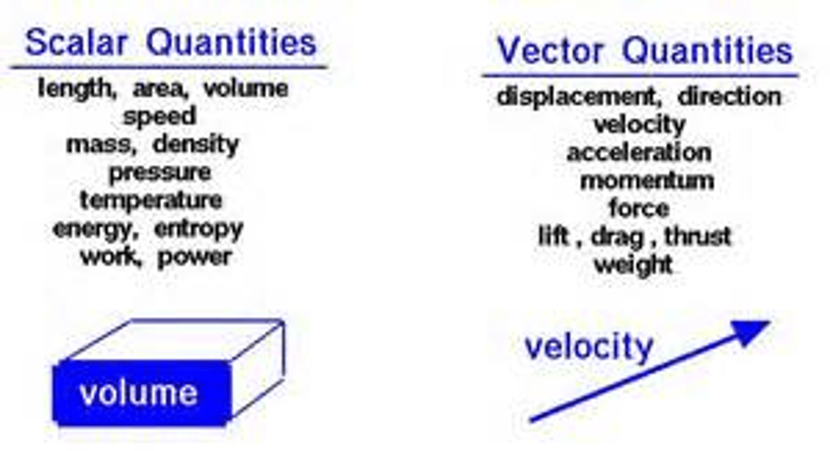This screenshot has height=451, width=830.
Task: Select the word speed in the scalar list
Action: point(160,117)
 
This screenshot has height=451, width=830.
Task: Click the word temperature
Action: point(151,201)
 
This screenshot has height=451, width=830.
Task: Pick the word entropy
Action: point(199,230)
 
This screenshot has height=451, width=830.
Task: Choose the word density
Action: point(195,145)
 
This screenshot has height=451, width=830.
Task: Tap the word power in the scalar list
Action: point(195,257)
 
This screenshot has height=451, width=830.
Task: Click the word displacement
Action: point(576,97)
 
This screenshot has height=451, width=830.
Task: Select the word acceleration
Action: point(639,153)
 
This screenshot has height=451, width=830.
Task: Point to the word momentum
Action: point(647,181)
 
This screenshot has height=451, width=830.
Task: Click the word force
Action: point(639,208)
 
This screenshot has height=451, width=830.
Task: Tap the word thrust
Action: point(698,236)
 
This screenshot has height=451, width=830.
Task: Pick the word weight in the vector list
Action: point(633,265)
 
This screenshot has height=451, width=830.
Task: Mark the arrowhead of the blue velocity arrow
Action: point(749,332)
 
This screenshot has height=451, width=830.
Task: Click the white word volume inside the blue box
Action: point(138,393)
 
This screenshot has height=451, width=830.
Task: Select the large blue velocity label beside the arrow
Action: point(588,347)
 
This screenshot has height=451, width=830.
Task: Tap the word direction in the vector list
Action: point(729,97)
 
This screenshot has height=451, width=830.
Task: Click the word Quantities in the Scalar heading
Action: point(231,43)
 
